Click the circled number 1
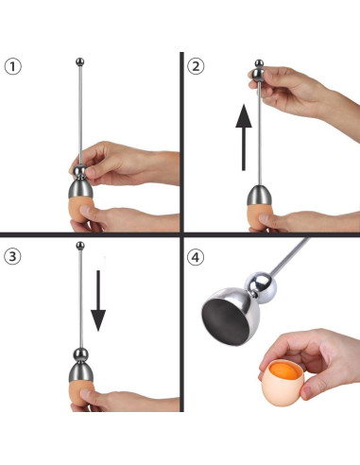click(11, 66)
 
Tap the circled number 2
click(196, 66)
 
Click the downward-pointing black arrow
click(98, 303)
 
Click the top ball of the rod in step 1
click(79, 62)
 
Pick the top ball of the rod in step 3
click(79, 247)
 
